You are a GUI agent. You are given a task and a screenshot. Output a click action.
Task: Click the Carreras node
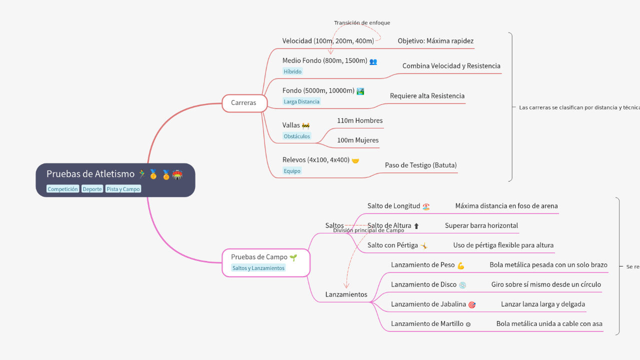tap(243, 103)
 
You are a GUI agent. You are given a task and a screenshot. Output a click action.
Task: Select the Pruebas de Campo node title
tap(259, 257)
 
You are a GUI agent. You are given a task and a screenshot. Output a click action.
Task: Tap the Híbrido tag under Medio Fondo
tap(292, 71)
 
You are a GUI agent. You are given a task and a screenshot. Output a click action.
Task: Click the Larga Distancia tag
tap(301, 101)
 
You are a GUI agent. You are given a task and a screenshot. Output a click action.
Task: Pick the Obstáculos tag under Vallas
tap(296, 136)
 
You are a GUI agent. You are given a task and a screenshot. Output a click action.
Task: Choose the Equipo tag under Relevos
tap(292, 171)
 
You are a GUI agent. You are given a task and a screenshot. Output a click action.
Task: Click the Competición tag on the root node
tap(62, 189)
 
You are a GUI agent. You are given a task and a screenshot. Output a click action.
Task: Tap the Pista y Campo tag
tap(123, 189)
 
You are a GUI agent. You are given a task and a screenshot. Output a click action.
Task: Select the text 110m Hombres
tap(359, 120)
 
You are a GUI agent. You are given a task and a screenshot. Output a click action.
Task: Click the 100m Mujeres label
tap(357, 140)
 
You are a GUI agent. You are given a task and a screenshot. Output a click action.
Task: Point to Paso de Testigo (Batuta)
tap(420, 165)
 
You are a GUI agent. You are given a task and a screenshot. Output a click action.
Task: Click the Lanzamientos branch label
tap(346, 294)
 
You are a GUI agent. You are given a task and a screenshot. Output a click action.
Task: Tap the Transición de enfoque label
tap(362, 23)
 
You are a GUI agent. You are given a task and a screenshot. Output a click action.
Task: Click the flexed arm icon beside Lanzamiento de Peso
tap(460, 265)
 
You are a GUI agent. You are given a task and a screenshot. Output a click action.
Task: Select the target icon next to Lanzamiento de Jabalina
tap(471, 304)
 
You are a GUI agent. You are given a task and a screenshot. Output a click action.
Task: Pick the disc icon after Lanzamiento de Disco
tap(462, 285)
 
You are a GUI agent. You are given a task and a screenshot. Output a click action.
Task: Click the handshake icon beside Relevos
tap(355, 160)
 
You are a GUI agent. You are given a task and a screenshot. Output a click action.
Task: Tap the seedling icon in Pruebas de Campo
tap(293, 257)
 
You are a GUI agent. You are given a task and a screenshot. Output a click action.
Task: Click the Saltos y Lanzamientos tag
tap(258, 268)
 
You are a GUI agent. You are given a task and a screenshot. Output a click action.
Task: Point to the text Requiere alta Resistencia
tap(427, 96)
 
